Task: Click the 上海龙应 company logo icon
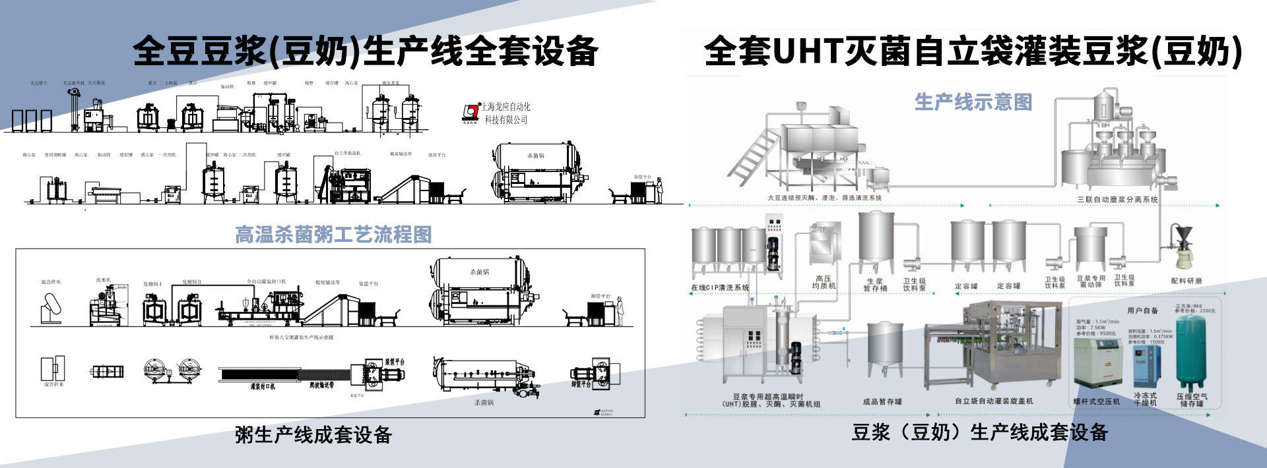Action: (471, 112)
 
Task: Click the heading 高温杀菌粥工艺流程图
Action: (333, 234)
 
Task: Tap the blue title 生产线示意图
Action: (973, 102)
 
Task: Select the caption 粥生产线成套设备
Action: (313, 434)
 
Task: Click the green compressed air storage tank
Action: (1191, 353)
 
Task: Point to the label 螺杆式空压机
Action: (1096, 401)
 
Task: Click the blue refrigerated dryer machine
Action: (1147, 366)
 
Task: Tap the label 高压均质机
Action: (824, 282)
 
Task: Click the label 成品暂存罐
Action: (882, 401)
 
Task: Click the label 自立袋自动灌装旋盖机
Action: (994, 401)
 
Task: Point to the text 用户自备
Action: (1142, 310)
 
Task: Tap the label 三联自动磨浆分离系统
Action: (1117, 199)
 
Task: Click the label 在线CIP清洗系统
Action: (720, 287)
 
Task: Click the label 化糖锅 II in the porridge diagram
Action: (192, 281)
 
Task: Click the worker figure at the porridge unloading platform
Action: (619, 312)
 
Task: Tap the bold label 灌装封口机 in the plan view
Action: (263, 386)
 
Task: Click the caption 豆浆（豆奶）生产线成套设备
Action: (979, 432)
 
